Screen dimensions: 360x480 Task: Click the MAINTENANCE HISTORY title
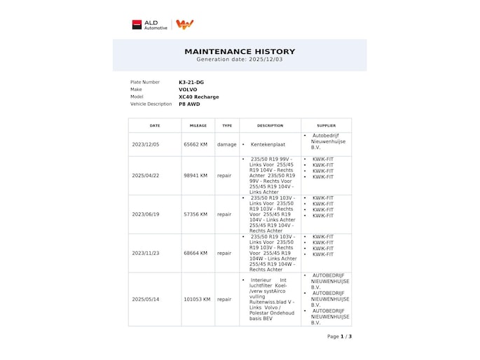(240, 51)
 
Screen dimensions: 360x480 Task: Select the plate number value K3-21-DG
(192, 82)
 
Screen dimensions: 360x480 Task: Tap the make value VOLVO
(188, 90)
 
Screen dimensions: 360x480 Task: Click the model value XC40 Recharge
(198, 97)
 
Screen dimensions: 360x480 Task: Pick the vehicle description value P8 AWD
(189, 104)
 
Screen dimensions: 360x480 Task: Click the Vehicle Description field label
(151, 104)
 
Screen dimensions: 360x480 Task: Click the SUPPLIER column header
(326, 125)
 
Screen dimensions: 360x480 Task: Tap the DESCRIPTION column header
(270, 125)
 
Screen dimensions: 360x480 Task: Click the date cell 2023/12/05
(146, 144)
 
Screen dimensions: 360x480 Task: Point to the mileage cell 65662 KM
(196, 144)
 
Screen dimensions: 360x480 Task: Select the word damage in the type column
(226, 144)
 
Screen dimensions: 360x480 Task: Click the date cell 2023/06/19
(146, 214)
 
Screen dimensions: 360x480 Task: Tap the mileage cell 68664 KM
(196, 253)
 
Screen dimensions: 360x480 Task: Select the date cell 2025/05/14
(146, 299)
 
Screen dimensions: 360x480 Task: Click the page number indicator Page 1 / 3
(339, 336)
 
